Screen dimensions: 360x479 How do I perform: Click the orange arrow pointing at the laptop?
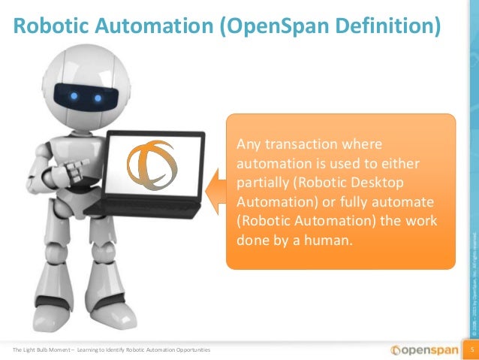click(217, 191)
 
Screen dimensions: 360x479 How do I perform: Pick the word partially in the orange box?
click(262, 183)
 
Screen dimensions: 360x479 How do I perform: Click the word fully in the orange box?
click(341, 202)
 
